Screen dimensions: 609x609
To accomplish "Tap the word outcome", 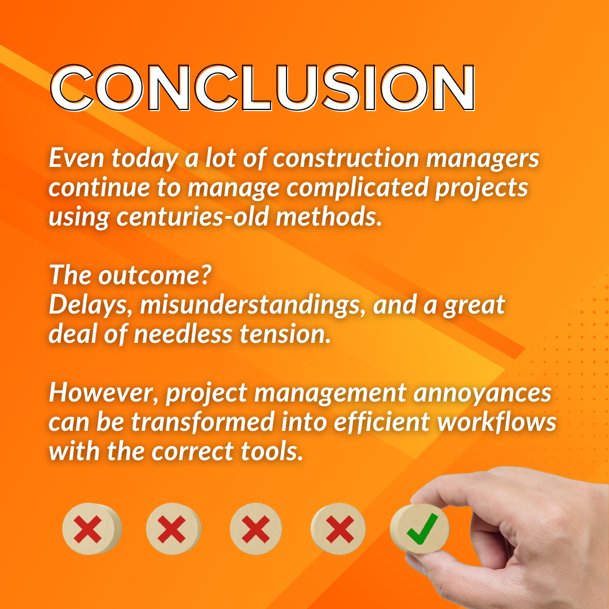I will click(152, 276).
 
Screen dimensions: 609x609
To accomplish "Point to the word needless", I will click(183, 334).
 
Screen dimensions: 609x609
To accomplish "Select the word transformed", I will click(208, 422).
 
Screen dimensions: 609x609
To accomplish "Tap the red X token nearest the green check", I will click(338, 529).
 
